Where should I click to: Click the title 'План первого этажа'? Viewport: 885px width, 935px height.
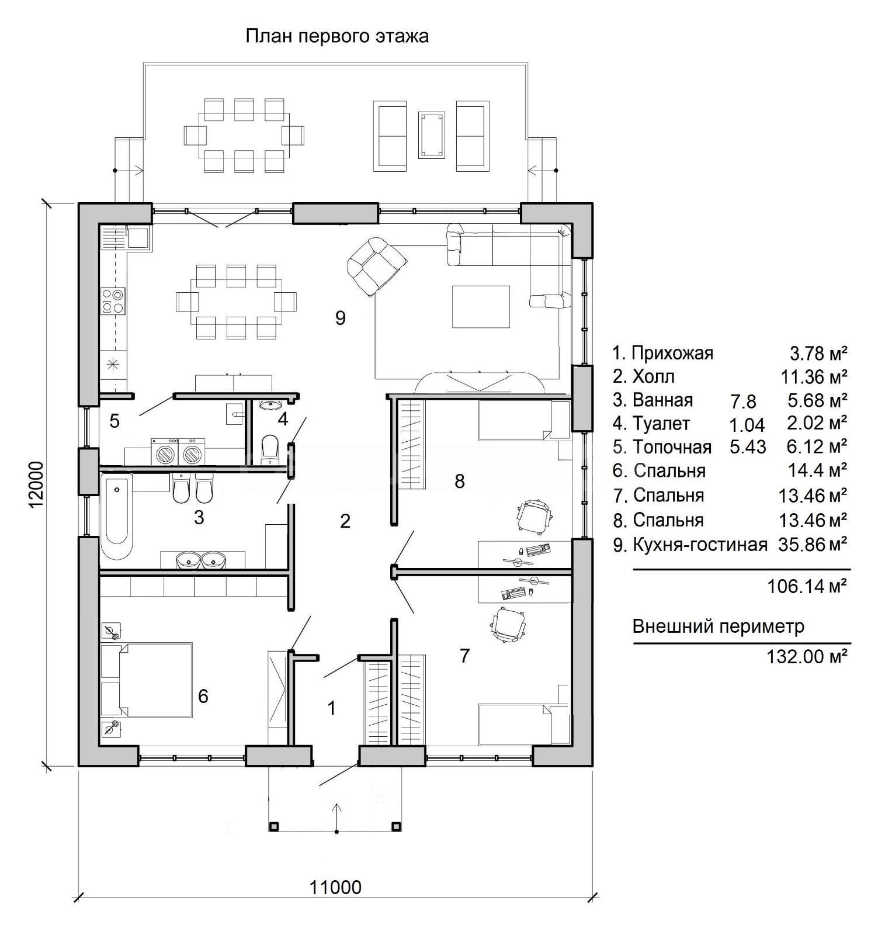pyautogui.click(x=336, y=36)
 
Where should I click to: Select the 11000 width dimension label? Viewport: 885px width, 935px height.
pyautogui.click(x=335, y=903)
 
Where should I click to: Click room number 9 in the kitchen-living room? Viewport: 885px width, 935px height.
pyautogui.click(x=341, y=318)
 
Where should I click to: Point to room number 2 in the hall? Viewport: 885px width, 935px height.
pyautogui.click(x=345, y=521)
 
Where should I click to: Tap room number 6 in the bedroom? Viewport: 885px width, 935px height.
pyautogui.click(x=203, y=696)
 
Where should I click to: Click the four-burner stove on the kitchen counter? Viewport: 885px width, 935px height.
pyautogui.click(x=113, y=300)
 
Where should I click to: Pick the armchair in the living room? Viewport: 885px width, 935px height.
pyautogui.click(x=374, y=266)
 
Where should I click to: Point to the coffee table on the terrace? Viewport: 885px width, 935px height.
pyautogui.click(x=432, y=134)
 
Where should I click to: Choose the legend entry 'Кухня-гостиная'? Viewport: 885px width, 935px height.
pyautogui.click(x=700, y=545)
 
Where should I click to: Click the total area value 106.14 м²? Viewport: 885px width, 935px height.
pyautogui.click(x=807, y=586)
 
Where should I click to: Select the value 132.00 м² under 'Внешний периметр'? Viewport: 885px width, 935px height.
pyautogui.click(x=807, y=656)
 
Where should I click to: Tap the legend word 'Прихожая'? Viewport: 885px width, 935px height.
pyautogui.click(x=672, y=354)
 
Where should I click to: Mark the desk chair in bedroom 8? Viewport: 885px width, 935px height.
pyautogui.click(x=533, y=516)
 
